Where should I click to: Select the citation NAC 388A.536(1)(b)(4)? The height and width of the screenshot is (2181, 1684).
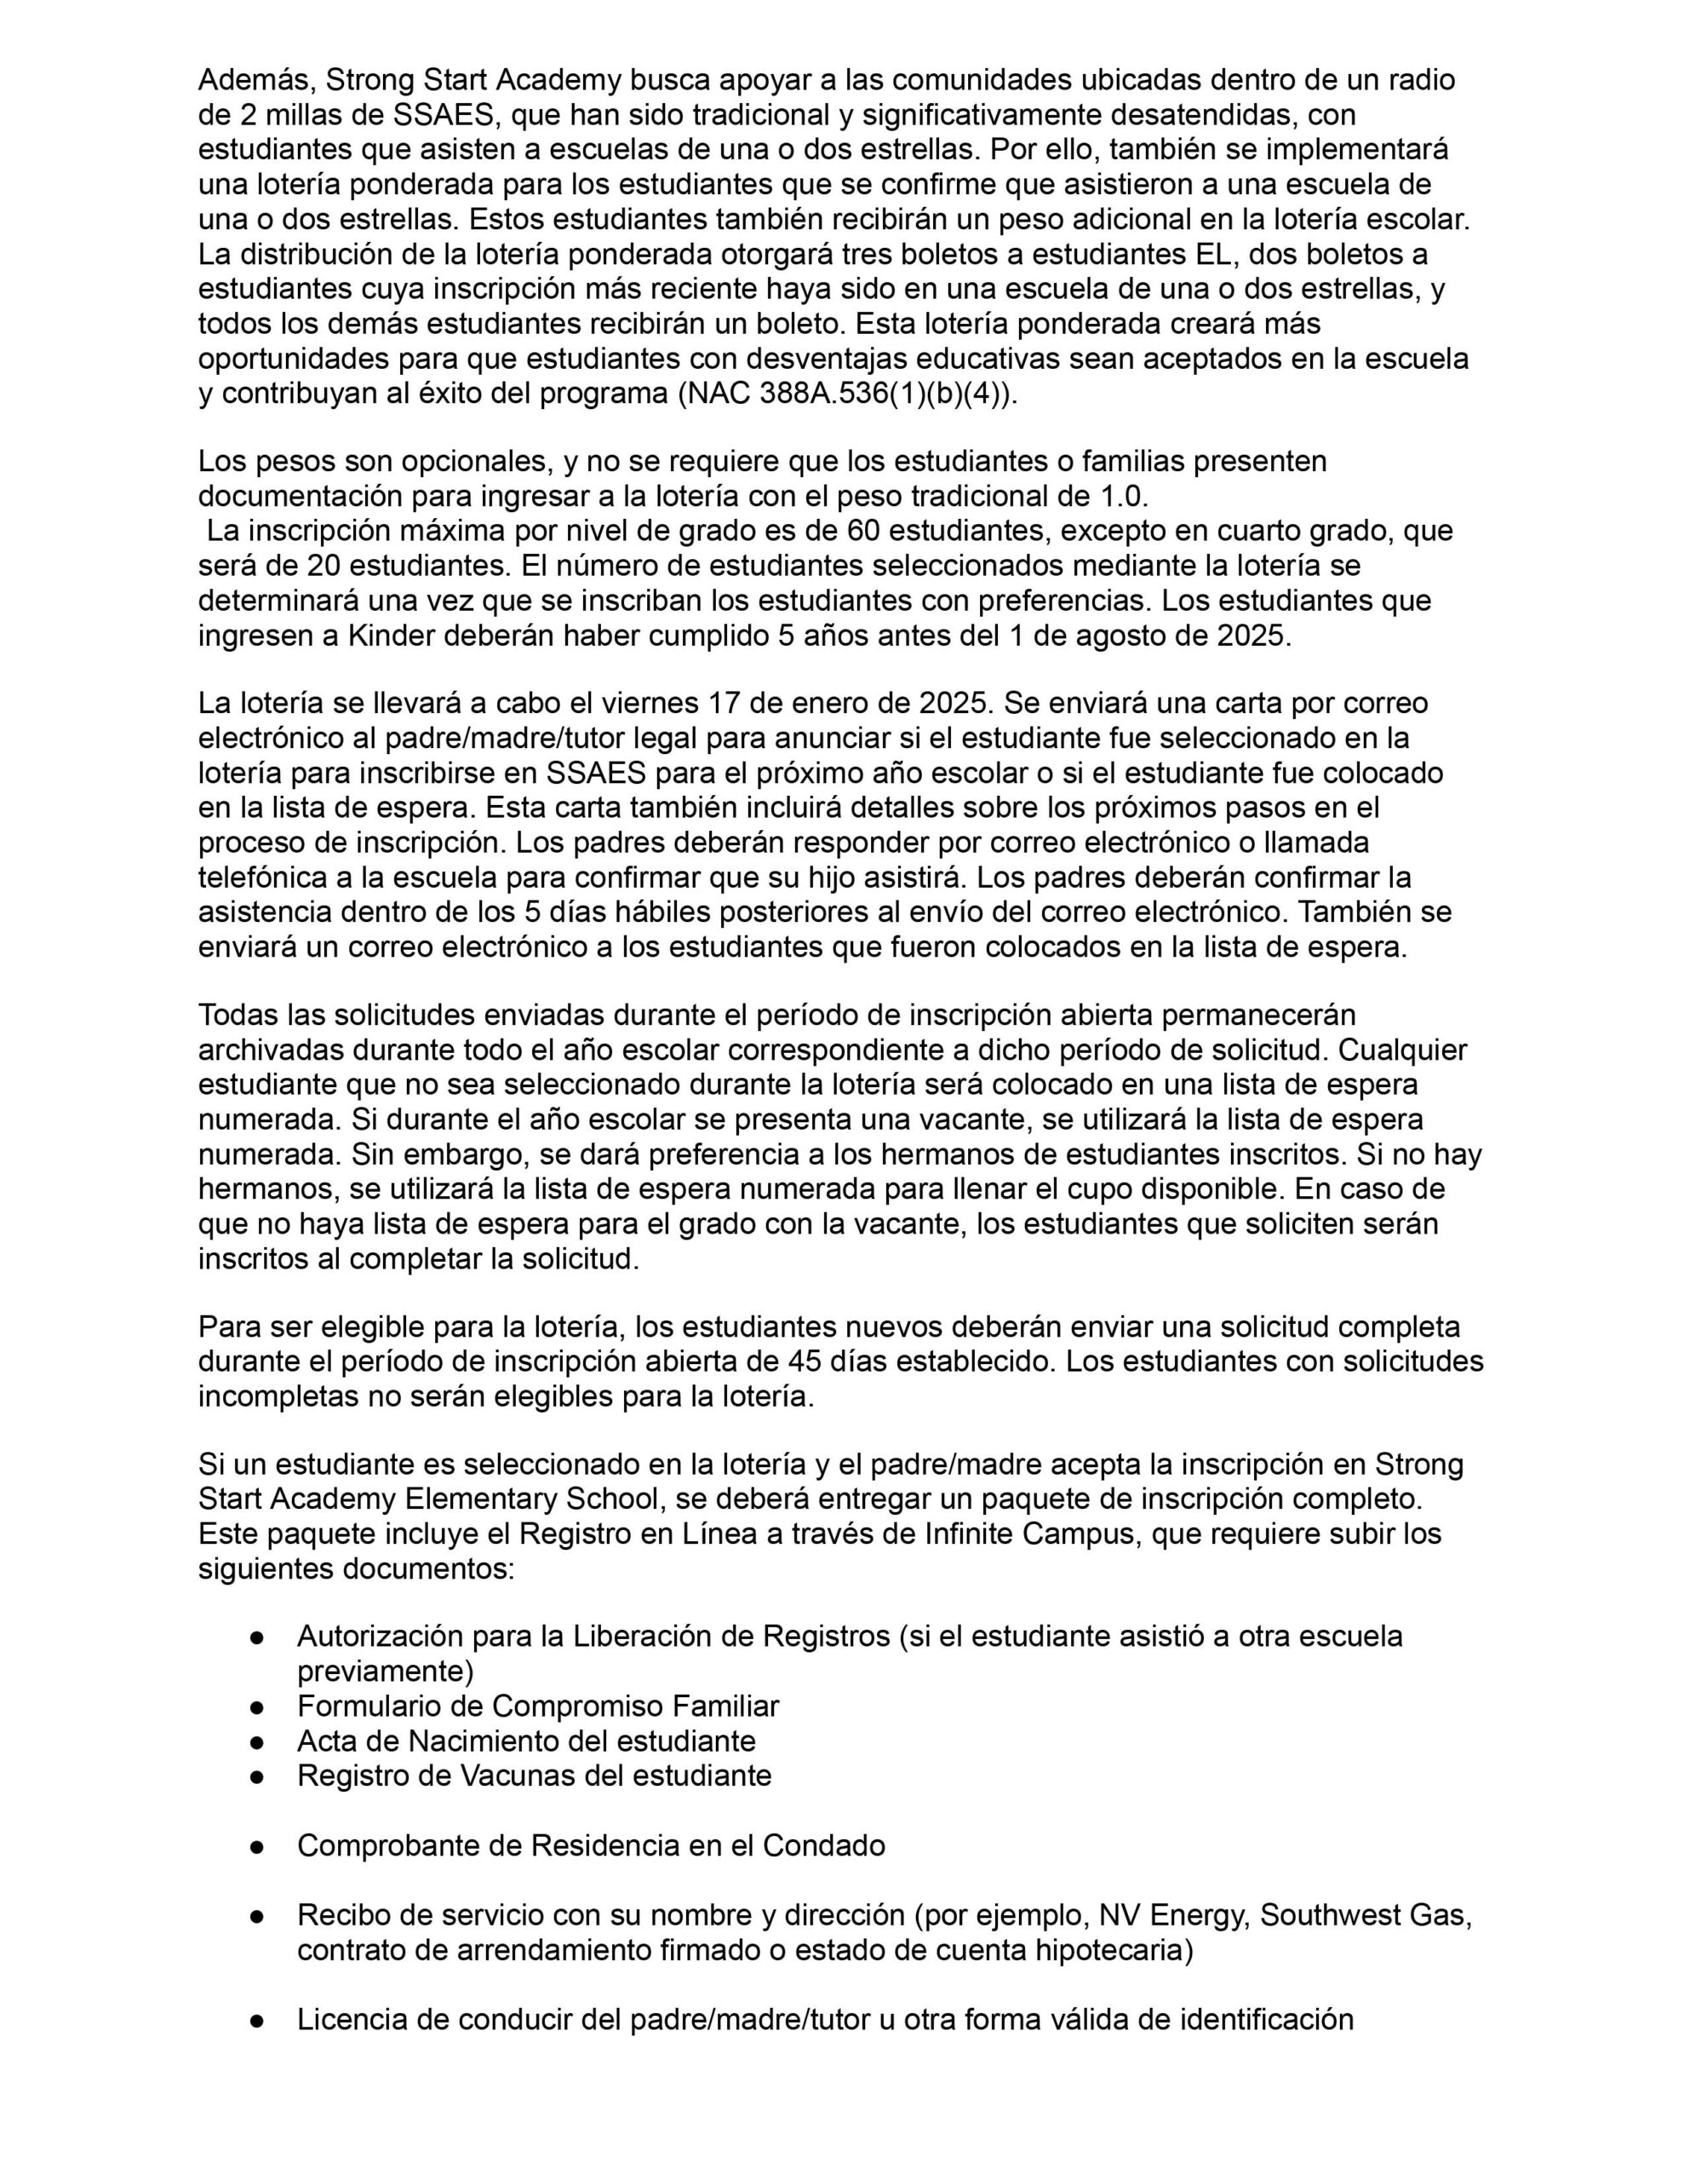pos(845,394)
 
